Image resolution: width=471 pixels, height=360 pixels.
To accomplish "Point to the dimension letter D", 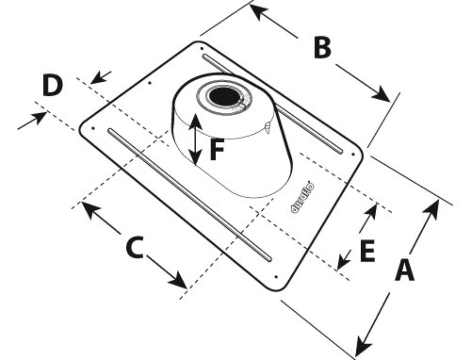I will pyautogui.click(x=53, y=85).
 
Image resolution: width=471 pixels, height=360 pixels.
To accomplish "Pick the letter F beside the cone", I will pyautogui.click(x=217, y=150).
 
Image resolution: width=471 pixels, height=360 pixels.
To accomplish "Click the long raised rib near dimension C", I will pyautogui.click(x=189, y=194).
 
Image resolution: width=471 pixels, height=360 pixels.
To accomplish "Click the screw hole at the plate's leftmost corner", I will pyautogui.click(x=93, y=128).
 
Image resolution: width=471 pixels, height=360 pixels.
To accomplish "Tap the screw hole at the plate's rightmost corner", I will pyautogui.click(x=353, y=154).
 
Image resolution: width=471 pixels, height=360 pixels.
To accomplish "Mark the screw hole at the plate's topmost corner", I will pyautogui.click(x=202, y=48).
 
